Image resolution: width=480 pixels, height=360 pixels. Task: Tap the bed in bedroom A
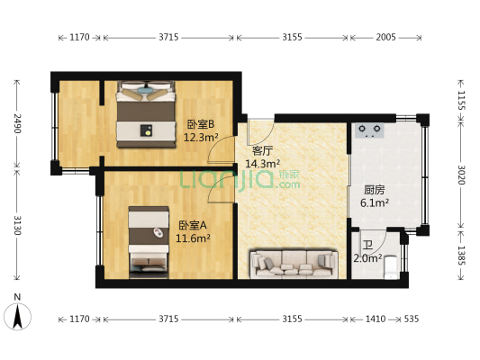coord(149,238)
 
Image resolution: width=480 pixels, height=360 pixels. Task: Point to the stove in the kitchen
coord(369,130)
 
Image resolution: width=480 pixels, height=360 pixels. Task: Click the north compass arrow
coord(17,317)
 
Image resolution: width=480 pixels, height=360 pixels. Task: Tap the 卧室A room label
coord(193,225)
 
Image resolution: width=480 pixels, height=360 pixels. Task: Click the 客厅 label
coord(262,150)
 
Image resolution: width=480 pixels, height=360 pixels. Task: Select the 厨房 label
coord(375,190)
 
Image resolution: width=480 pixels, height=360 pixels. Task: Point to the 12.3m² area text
coord(202,138)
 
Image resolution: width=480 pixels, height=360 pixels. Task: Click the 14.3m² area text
coord(262,164)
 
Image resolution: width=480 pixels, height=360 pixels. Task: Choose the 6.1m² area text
coord(375,203)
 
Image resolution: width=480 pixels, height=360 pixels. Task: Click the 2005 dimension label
coord(385,37)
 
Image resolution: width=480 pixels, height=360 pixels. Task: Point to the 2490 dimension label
coord(16,123)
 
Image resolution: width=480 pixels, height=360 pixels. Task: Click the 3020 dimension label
coord(459,174)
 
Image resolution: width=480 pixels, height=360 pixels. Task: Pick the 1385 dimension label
coord(459,257)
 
